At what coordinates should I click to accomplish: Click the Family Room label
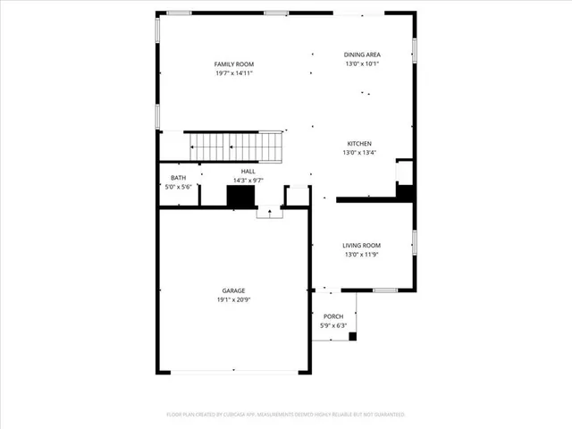(x=234, y=64)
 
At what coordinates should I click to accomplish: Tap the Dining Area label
(x=362, y=55)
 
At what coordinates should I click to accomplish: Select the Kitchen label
(x=359, y=143)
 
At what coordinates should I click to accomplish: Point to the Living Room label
(x=361, y=245)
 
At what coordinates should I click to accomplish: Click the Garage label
(x=234, y=290)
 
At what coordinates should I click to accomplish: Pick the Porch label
(x=333, y=316)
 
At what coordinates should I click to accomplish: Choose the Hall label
(x=248, y=171)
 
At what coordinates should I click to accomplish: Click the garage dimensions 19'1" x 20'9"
(x=234, y=300)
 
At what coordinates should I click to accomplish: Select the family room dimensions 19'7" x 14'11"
(x=234, y=73)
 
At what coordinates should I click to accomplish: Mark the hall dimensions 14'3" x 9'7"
(x=248, y=180)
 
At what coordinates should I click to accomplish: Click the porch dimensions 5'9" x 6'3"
(x=333, y=325)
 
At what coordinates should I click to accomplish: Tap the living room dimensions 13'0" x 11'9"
(x=361, y=255)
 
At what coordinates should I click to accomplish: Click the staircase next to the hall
(x=234, y=145)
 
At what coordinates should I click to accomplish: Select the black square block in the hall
(x=241, y=197)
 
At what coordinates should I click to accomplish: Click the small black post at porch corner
(x=352, y=337)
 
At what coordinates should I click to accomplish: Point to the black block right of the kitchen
(x=405, y=191)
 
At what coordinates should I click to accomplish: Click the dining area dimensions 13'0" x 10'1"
(x=362, y=63)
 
